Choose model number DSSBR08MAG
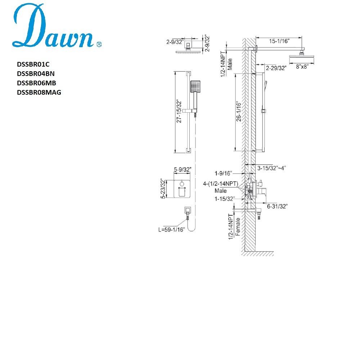click(39, 92)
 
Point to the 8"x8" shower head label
click(301, 66)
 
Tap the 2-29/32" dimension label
click(276, 68)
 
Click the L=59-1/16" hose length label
click(171, 229)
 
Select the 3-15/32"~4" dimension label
click(271, 168)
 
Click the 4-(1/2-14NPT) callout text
click(221, 184)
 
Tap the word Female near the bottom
click(237, 226)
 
